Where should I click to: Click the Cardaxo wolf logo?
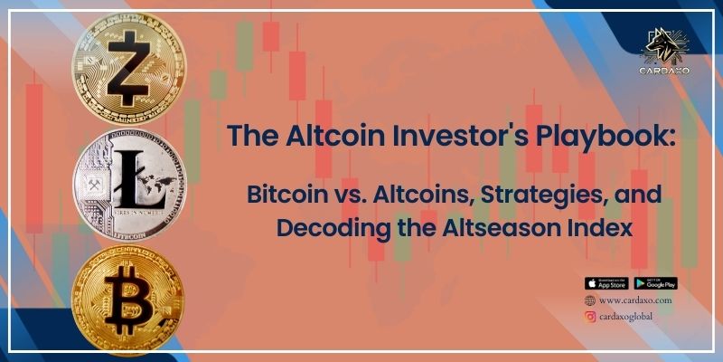click(x=666, y=46)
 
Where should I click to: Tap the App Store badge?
click(x=606, y=283)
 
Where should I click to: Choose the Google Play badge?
click(x=655, y=283)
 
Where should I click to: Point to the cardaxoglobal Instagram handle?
click(x=625, y=316)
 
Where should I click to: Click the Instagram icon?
click(x=590, y=316)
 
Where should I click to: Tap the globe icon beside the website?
click(x=590, y=300)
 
